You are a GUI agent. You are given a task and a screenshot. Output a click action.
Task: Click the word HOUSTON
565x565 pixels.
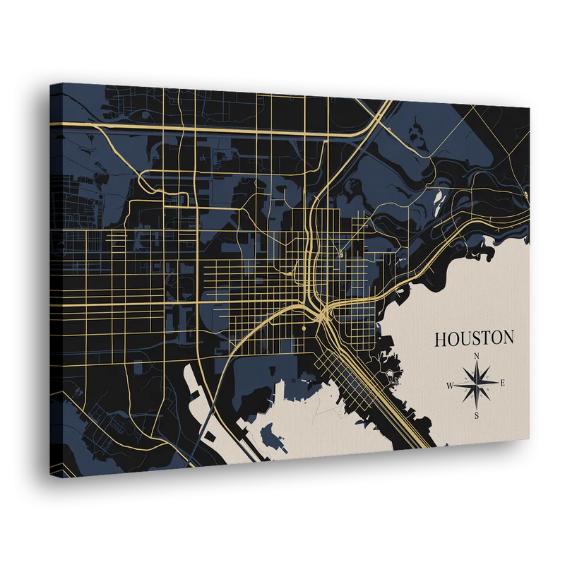tap(474, 338)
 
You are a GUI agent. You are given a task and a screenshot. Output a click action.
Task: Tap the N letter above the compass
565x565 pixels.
tap(477, 355)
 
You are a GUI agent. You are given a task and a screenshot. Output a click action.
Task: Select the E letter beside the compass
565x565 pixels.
tap(502, 383)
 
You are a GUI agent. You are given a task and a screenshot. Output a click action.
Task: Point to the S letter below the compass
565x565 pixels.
tap(477, 415)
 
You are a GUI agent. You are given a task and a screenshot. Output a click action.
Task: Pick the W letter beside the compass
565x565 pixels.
tap(449, 386)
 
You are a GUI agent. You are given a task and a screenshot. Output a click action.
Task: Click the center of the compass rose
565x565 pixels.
tap(477, 385)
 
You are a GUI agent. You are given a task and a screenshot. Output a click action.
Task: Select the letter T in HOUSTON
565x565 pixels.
tap(487, 338)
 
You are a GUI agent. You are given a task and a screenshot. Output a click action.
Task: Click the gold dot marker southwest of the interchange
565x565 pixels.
tap(303, 329)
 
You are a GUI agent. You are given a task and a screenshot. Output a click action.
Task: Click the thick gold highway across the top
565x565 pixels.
tap(212, 129)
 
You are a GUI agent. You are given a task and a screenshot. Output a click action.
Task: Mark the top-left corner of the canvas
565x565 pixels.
tap(50, 83)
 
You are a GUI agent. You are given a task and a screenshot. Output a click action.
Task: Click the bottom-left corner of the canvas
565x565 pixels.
tap(50, 477)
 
